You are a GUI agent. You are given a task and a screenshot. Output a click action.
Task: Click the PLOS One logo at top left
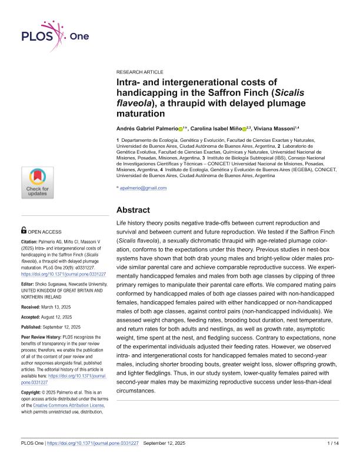pyautogui.click(x=54, y=36)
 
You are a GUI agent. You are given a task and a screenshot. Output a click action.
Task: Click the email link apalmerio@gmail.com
pyautogui.click(x=143, y=188)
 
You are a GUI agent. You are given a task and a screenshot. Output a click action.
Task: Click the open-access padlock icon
pyautogui.click(x=24, y=232)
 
